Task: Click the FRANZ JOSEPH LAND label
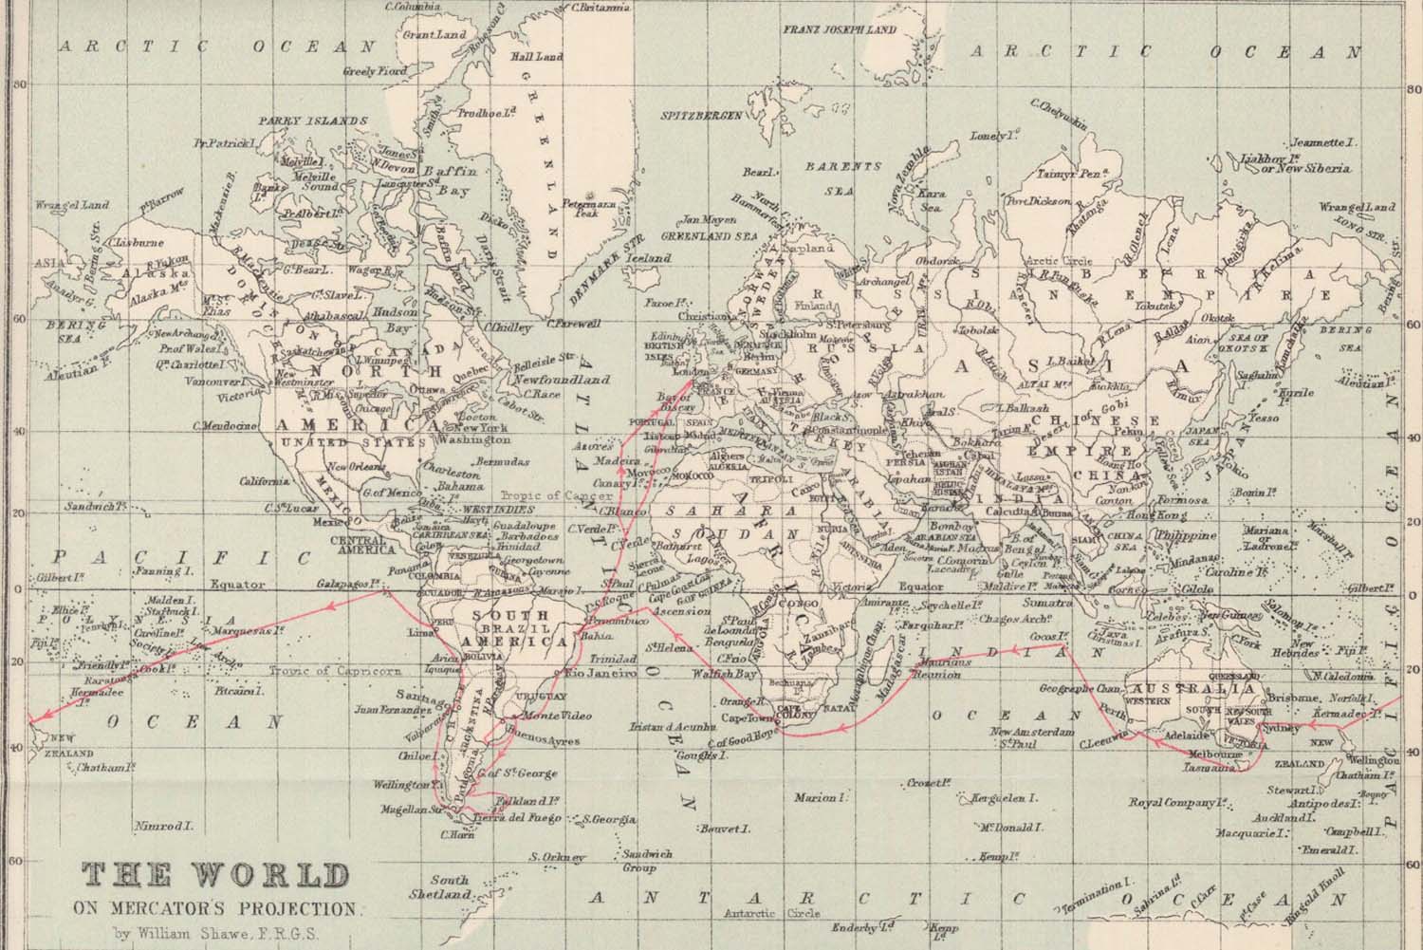click(x=839, y=29)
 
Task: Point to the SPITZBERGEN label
click(x=702, y=114)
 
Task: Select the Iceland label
click(x=652, y=258)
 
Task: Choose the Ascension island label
click(x=675, y=612)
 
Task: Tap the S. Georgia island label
click(x=607, y=819)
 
